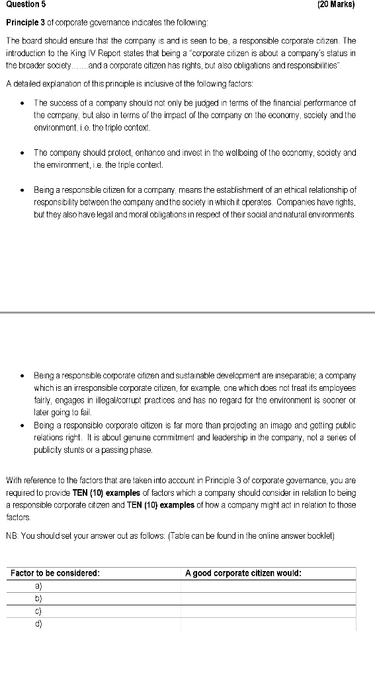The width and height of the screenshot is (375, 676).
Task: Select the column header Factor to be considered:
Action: pos(55,573)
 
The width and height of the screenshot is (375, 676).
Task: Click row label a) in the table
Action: pos(38,586)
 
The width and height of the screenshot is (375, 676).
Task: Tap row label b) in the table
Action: pos(38,598)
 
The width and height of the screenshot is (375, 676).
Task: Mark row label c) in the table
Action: pos(38,611)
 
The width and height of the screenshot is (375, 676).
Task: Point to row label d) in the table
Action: pos(38,623)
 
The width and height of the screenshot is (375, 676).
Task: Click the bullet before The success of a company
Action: pos(22,103)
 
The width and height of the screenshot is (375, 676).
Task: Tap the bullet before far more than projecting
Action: pos(22,426)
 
